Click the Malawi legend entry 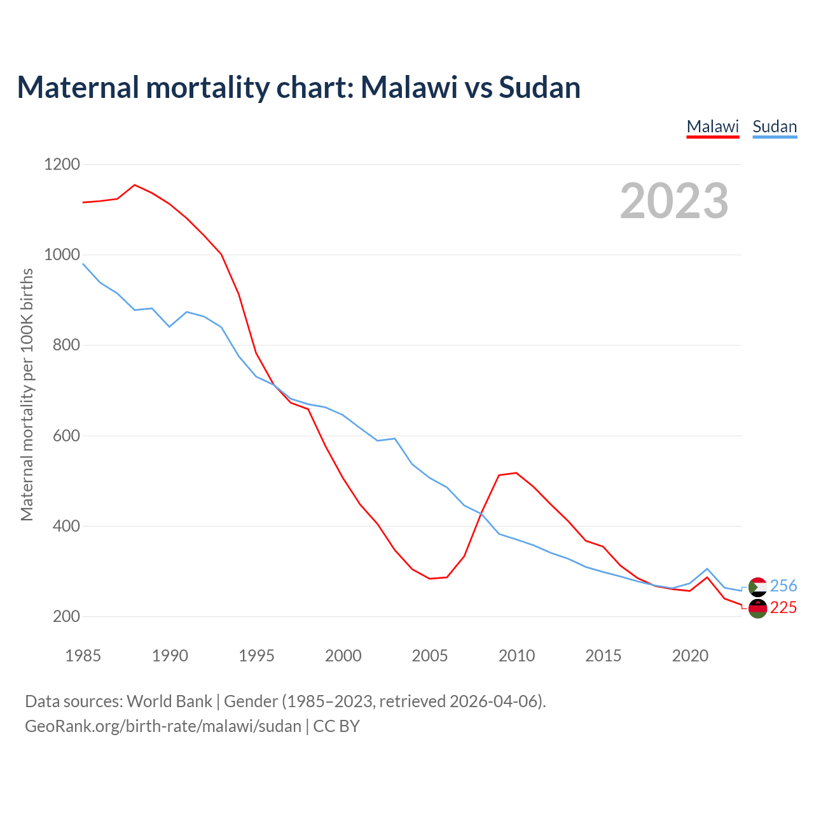coord(712,127)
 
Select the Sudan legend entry coord(775,127)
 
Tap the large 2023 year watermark coord(674,201)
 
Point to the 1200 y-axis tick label coord(62,165)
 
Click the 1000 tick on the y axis coord(62,255)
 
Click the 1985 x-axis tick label coord(83,656)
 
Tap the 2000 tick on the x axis coord(343,656)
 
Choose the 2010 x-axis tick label coord(516,656)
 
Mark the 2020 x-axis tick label coord(690,656)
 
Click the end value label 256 coord(783,586)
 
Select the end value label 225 coord(783,608)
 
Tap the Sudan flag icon coord(757,586)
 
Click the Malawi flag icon coord(757,609)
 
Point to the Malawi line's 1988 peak coord(135,185)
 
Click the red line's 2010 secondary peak coord(516,473)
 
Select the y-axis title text coord(27,394)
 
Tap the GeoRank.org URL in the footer coord(163,726)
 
